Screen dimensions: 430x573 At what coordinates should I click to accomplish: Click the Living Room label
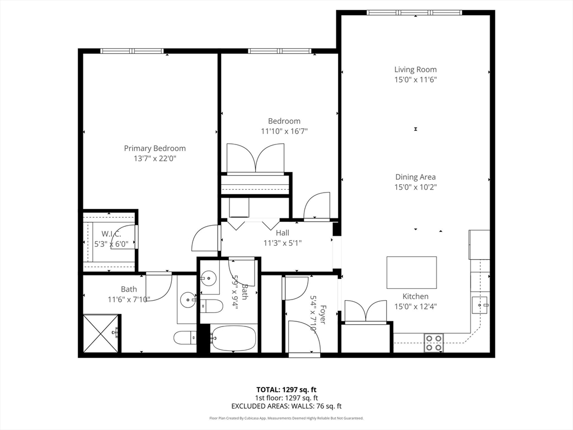pyautogui.click(x=415, y=69)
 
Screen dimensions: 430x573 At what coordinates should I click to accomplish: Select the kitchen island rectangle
pyautogui.click(x=411, y=272)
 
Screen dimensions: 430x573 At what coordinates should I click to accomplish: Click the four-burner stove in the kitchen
pyautogui.click(x=434, y=342)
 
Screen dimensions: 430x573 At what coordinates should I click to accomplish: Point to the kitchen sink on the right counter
pyautogui.click(x=481, y=305)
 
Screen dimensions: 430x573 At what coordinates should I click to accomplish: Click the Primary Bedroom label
pyautogui.click(x=154, y=148)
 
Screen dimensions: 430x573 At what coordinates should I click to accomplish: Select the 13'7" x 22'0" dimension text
pyautogui.click(x=154, y=158)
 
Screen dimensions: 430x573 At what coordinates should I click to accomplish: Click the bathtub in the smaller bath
pyautogui.click(x=233, y=338)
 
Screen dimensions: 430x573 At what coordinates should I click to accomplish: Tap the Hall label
pyautogui.click(x=283, y=233)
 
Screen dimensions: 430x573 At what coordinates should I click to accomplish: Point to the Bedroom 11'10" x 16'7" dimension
pyautogui.click(x=284, y=131)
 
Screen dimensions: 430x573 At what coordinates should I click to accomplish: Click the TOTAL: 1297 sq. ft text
pyautogui.click(x=286, y=390)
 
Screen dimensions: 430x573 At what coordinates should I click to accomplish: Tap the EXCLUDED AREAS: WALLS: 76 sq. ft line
pyautogui.click(x=286, y=406)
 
